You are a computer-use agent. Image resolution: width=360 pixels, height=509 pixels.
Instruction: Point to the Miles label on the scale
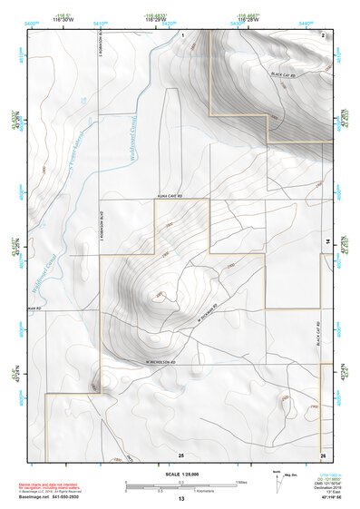click(x=243, y=481)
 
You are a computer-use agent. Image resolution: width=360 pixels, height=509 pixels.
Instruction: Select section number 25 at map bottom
click(x=180, y=454)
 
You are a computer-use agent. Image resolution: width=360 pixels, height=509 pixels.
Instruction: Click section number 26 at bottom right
click(x=323, y=454)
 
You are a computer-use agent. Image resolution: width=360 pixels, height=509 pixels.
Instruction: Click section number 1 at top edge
click(x=182, y=34)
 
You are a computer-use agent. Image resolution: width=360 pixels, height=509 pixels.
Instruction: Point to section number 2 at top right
click(x=324, y=34)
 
